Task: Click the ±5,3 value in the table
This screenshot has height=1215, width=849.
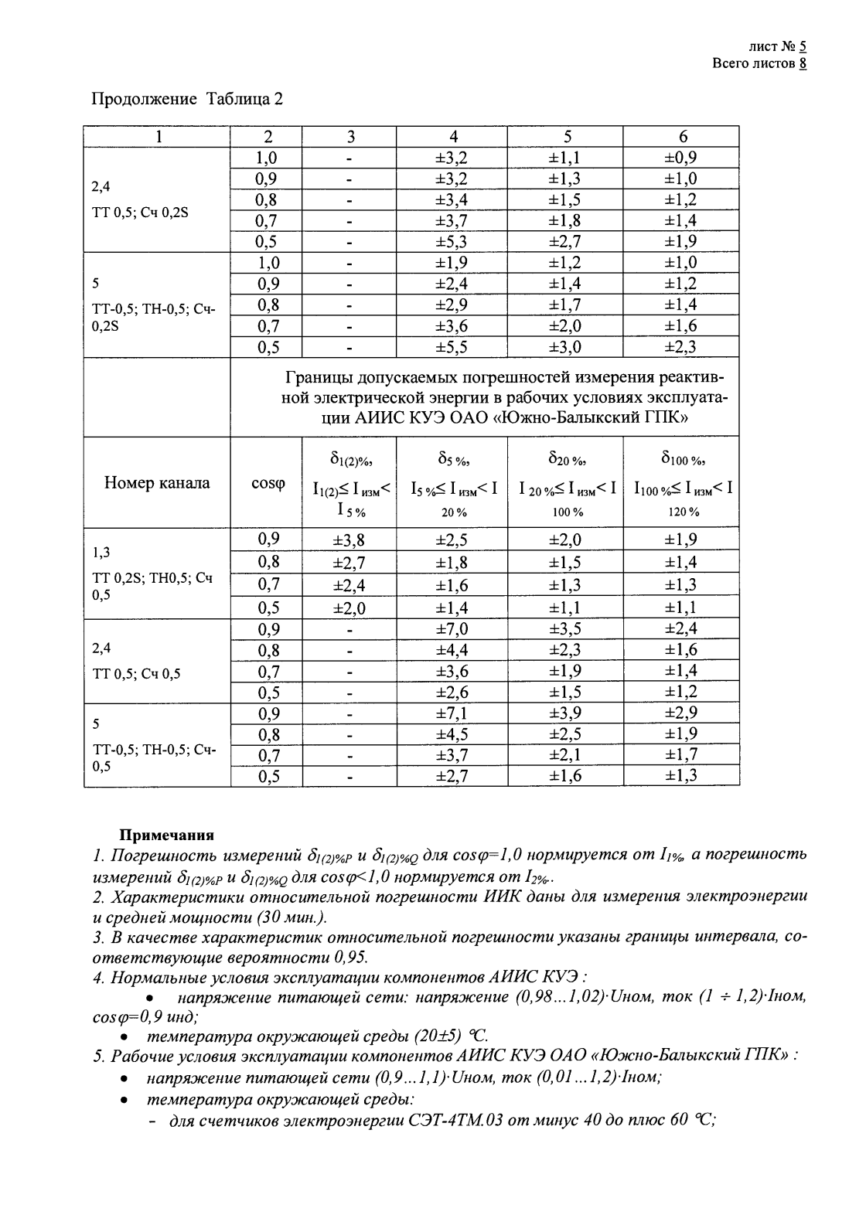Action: (452, 241)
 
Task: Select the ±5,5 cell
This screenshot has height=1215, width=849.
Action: (452, 347)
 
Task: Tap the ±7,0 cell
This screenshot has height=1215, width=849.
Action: (452, 629)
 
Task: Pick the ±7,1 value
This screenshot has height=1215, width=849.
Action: (452, 713)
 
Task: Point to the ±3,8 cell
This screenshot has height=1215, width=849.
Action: (348, 539)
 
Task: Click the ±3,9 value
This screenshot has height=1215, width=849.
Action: (565, 713)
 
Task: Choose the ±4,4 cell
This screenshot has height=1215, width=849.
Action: (452, 650)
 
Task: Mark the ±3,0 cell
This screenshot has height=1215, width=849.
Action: (565, 347)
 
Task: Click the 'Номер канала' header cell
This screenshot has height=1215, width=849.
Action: (157, 483)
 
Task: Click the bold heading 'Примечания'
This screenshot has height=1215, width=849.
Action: (165, 835)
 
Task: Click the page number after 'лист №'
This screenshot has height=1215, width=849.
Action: (803, 47)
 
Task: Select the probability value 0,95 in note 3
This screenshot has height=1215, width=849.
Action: (351, 957)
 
